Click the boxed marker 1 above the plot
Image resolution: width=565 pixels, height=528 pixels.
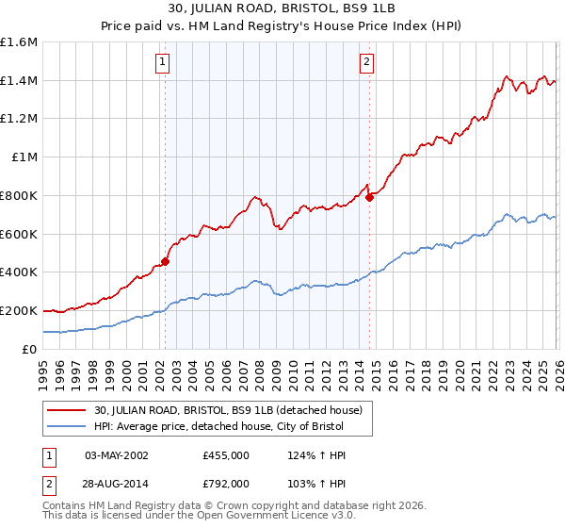pos(164,63)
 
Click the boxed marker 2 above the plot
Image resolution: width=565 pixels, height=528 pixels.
pos(365,63)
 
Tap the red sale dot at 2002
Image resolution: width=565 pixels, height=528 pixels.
pos(165,261)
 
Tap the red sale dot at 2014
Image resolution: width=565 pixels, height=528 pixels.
pos(370,196)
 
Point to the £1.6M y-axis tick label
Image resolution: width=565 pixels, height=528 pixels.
pos(19,42)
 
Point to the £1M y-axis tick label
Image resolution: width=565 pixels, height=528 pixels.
pos(24,157)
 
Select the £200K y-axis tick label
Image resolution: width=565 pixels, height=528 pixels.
pos(19,310)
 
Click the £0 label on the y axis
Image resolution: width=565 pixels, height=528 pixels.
pos(30,349)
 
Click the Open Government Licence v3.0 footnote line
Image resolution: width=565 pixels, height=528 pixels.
pos(189,517)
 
